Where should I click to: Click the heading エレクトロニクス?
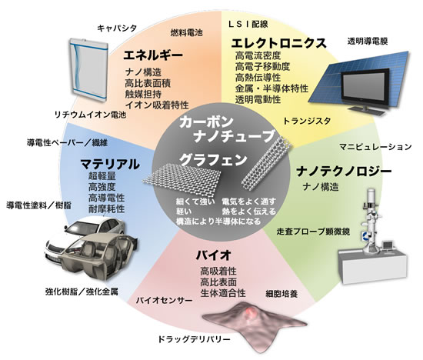pos(279,43)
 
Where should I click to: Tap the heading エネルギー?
pos(153,55)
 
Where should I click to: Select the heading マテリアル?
pos(110,164)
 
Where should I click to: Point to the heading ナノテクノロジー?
pos(344,172)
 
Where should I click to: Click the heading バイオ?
pos(213,255)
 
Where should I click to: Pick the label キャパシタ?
pos(117,28)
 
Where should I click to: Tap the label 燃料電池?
pos(186,33)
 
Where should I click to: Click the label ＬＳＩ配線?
pos(248,25)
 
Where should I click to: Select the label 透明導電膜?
pos(368,42)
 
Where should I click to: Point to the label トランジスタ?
pos(307,121)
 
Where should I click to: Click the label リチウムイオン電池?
pos(91,115)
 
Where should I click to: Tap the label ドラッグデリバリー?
pos(194,339)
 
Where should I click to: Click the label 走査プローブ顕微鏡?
pos(313,232)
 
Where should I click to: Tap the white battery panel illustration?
pos(88,70)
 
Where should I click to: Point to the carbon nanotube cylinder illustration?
pos(267,165)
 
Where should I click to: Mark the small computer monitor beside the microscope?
pos(388,245)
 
